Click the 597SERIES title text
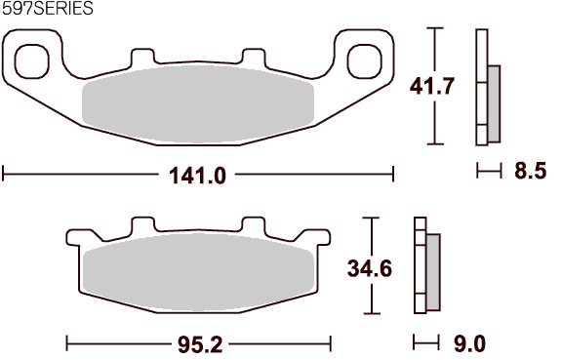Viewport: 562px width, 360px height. (47, 8)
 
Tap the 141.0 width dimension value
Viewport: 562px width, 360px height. (197, 176)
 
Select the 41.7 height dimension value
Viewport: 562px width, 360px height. (432, 87)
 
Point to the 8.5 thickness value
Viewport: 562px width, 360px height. (531, 171)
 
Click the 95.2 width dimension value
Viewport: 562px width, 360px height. (200, 345)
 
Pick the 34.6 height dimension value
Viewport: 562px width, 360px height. (370, 268)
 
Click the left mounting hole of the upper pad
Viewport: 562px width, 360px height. (31, 61)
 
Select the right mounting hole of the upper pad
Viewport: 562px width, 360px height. (365, 61)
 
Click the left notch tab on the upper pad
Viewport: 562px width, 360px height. (143, 57)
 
